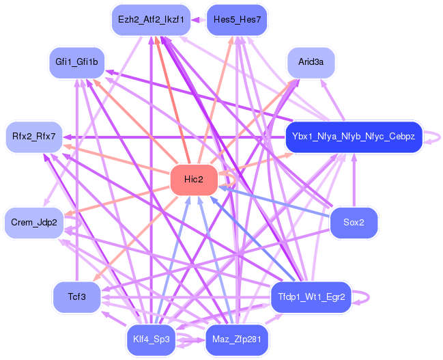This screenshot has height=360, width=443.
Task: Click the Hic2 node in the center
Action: tap(194, 180)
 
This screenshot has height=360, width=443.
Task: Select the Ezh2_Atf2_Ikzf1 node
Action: tap(151, 20)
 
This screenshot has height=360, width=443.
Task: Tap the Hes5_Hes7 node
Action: tap(237, 20)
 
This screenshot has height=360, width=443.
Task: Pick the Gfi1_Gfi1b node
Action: tap(76, 62)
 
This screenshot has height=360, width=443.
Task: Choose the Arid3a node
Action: tap(311, 62)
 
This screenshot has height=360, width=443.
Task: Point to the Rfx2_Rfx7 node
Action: tap(34, 137)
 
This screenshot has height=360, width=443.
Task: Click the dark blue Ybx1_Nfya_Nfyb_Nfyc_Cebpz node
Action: tap(354, 137)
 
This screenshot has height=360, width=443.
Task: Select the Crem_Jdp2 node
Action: tap(34, 223)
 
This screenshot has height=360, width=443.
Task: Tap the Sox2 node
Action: tap(354, 223)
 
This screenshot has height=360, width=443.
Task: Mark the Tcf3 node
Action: tap(76, 297)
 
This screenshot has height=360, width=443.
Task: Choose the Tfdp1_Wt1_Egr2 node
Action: tap(311, 297)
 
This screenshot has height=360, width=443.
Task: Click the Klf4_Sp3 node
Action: tap(151, 340)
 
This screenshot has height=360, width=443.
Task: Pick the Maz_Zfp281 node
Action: tap(237, 340)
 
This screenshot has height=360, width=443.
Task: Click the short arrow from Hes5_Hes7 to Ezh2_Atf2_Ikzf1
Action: tap(199, 20)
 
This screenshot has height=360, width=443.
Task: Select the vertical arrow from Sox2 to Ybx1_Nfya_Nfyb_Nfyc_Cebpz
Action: tap(354, 180)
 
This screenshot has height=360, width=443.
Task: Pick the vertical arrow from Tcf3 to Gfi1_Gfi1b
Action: tap(77, 180)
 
